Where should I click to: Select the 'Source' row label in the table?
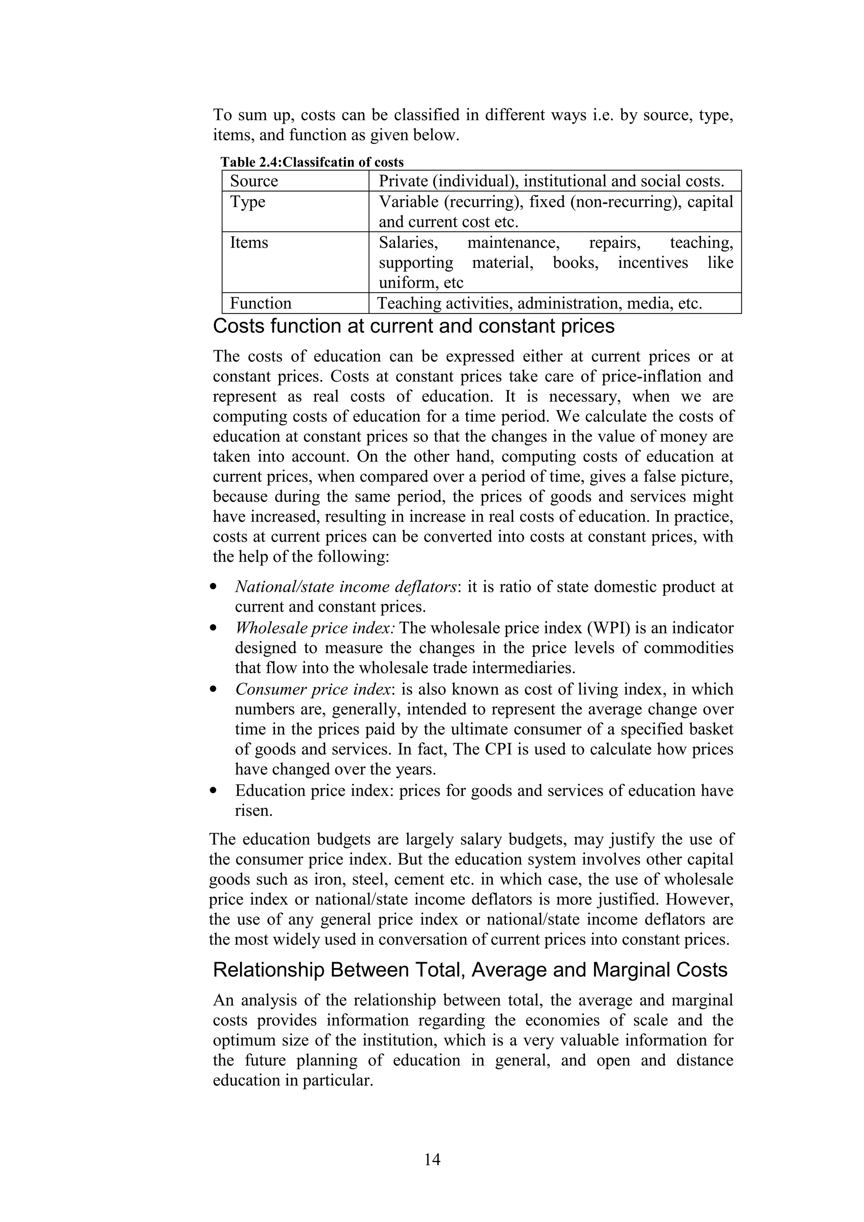254,181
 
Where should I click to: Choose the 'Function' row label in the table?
260,303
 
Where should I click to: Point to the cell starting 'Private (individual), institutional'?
551,181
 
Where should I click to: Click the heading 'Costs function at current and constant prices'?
413,326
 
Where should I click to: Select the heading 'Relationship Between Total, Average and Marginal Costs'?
470,970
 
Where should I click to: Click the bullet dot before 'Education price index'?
213,791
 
